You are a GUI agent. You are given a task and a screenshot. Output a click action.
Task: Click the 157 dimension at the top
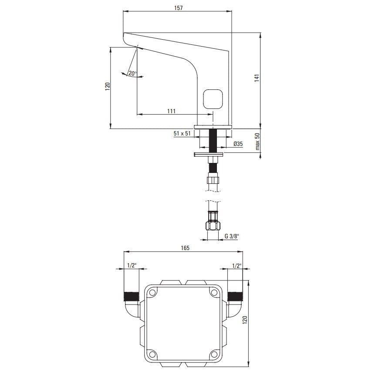click(x=179, y=8)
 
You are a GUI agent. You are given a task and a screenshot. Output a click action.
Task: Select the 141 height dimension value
click(x=257, y=78)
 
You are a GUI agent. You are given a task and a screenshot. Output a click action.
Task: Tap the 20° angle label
click(x=132, y=73)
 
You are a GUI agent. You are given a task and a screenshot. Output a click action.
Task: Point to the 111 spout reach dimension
click(x=171, y=111)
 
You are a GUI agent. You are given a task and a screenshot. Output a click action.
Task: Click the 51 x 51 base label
click(x=182, y=133)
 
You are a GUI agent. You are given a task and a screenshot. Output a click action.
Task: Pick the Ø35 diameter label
click(x=238, y=144)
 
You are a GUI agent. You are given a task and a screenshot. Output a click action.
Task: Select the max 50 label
click(x=257, y=142)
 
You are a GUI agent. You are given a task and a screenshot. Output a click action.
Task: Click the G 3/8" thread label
click(x=232, y=236)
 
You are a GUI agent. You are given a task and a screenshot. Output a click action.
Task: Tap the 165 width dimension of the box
click(x=185, y=248)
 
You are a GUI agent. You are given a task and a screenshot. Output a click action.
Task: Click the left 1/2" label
click(x=131, y=265)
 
